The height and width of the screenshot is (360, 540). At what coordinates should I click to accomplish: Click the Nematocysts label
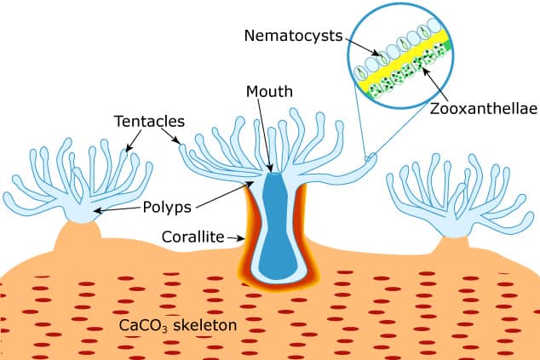tap(293, 36)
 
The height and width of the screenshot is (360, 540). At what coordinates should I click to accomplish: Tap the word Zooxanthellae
tap(484, 109)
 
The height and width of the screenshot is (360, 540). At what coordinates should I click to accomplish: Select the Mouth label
tap(269, 92)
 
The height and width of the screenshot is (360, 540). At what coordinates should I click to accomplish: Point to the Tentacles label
tap(149, 121)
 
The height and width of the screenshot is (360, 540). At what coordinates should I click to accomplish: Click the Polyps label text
tap(167, 208)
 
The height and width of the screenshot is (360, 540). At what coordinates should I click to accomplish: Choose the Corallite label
tap(192, 237)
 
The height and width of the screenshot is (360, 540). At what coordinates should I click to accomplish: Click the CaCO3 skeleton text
tap(178, 326)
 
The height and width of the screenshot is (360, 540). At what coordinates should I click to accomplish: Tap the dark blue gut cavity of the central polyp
tap(277, 227)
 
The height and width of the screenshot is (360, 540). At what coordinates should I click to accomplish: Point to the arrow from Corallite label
tap(236, 237)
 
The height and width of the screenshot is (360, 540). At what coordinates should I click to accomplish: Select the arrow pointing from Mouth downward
tap(265, 135)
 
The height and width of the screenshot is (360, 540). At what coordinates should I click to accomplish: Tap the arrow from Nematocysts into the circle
tap(363, 47)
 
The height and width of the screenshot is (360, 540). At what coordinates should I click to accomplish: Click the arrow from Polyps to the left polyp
tap(118, 209)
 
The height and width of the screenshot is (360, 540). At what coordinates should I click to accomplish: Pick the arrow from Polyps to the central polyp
tap(225, 194)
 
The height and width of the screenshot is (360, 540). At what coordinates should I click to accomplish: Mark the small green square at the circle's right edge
tap(447, 45)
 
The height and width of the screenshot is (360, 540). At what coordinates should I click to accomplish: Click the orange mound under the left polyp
tap(78, 237)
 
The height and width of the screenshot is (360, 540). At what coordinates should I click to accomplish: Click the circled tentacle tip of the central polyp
tap(371, 158)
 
